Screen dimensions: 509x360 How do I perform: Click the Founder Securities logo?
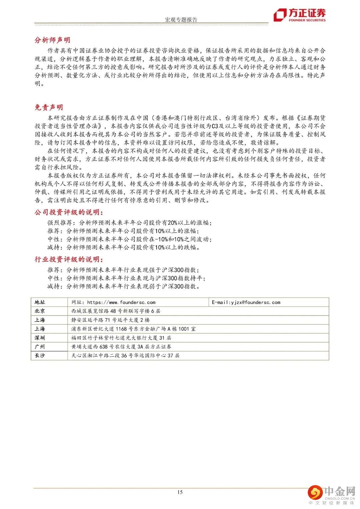[299, 15]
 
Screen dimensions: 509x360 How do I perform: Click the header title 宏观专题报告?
[181, 20]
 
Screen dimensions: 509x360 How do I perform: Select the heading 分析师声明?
[52, 40]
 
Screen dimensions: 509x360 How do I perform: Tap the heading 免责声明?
[49, 107]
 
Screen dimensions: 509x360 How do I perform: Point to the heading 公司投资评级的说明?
[69, 213]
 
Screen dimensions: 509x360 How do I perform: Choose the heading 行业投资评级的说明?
[69, 259]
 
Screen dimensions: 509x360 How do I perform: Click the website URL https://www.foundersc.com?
[121, 302]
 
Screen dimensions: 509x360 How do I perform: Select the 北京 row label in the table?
[40, 311]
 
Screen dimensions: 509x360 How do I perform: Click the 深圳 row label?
[40, 338]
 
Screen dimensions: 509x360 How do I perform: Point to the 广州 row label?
[40, 347]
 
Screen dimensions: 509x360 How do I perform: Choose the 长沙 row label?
[40, 355]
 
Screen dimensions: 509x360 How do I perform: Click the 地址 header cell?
[40, 302]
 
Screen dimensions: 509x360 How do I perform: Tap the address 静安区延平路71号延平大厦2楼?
[110, 320]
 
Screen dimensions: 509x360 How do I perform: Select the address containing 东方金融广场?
[133, 329]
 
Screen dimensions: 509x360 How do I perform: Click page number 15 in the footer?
[180, 492]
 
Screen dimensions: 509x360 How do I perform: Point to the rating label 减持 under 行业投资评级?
[53, 286]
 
